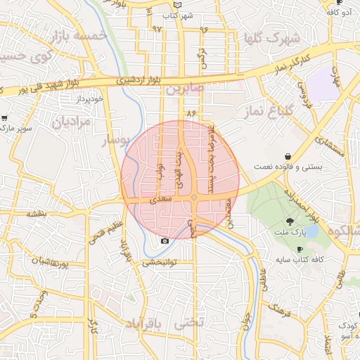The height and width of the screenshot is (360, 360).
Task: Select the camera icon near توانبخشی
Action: point(165,241)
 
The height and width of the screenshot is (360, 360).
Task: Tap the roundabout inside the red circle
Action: point(194,198)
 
